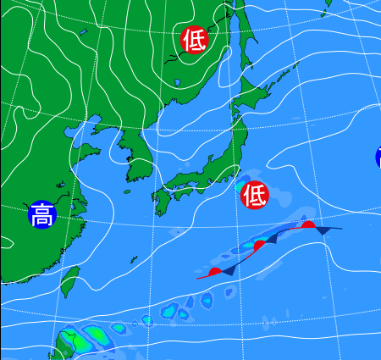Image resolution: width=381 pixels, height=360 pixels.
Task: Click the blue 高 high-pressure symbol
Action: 41,215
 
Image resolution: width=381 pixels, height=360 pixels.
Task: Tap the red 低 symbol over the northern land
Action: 194,39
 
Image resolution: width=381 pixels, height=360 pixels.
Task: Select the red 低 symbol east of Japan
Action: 254,196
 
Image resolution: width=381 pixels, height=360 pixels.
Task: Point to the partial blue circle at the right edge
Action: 378,157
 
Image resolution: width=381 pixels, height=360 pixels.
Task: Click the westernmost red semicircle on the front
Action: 216,271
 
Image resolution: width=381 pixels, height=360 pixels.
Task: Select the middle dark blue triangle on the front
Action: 273,241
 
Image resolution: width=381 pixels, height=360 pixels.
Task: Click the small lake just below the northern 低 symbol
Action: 178,82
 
